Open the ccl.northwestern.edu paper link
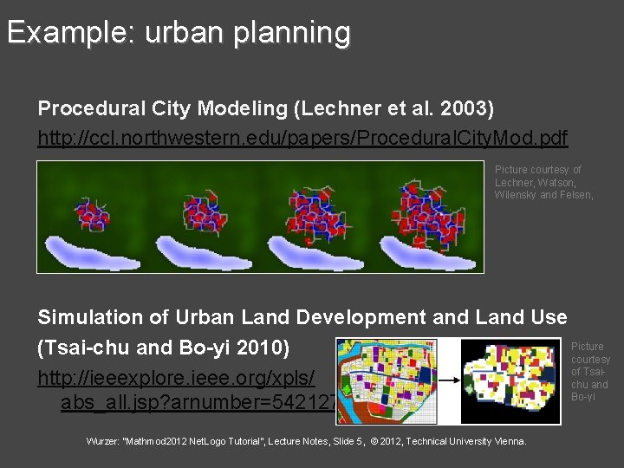[302, 138]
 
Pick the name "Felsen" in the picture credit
[573, 195]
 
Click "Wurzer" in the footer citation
[104, 441]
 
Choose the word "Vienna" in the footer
[508, 441]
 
